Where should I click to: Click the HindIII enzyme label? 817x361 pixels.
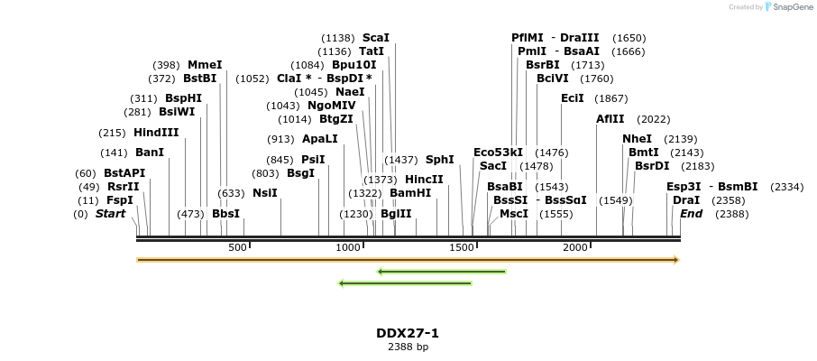pos(156,133)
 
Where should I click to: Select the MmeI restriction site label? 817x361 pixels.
pos(205,65)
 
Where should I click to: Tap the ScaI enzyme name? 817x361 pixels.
pos(376,38)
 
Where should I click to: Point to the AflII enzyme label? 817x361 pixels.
pos(610,118)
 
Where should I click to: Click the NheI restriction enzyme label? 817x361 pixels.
pos(637,139)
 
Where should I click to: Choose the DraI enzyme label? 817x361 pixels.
pos(686,200)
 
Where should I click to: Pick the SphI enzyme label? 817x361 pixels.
pos(440,160)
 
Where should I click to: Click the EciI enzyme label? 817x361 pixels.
pos(573,98)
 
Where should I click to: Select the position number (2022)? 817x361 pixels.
pos(654,119)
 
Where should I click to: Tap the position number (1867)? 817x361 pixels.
pos(610,98)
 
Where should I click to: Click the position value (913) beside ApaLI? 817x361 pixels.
pos(280,140)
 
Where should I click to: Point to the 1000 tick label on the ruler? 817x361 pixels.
pos(348,248)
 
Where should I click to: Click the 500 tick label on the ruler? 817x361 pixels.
pos(237,248)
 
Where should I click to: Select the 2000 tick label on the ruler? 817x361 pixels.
pos(574,248)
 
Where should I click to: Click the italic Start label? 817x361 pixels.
pos(111,214)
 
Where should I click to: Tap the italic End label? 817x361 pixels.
pos(692,214)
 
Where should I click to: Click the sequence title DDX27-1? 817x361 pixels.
pos(408,333)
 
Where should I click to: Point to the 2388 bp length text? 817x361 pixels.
pos(408,347)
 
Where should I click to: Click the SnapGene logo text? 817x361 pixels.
pos(791,7)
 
